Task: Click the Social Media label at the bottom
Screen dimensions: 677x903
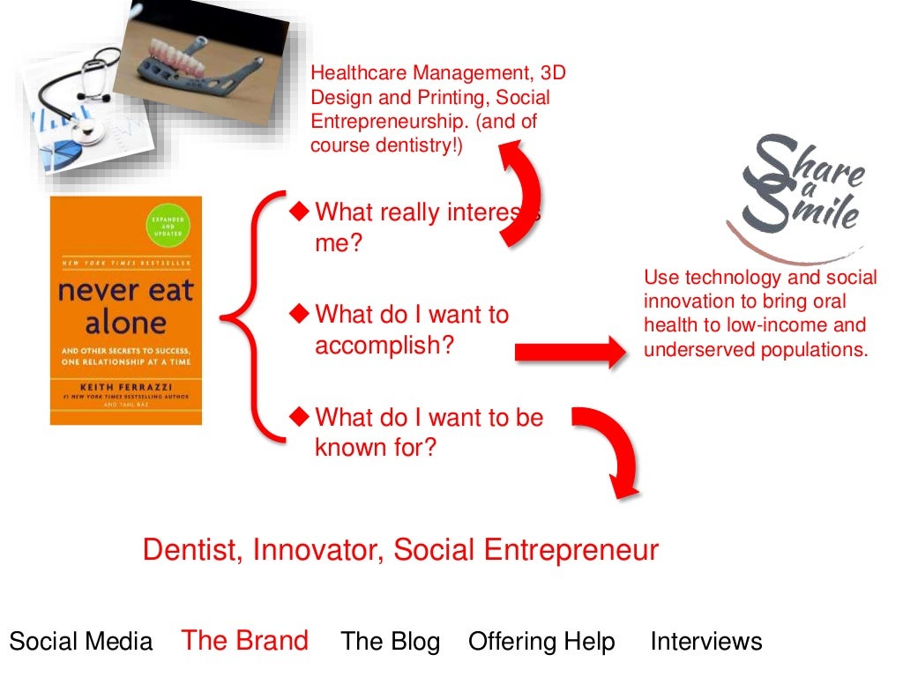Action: tap(81, 642)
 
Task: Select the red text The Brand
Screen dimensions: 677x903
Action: tap(245, 640)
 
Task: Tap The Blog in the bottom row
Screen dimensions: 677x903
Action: tap(391, 642)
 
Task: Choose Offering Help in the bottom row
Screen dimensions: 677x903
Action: tap(542, 642)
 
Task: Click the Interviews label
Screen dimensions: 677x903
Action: tap(706, 642)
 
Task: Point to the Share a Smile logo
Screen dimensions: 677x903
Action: tap(798, 194)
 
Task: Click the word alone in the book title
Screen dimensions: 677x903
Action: tap(125, 323)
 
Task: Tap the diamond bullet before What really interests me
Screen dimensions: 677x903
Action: tap(301, 211)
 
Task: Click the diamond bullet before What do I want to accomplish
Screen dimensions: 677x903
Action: tap(301, 313)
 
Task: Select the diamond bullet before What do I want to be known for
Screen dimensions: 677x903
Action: tap(301, 415)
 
